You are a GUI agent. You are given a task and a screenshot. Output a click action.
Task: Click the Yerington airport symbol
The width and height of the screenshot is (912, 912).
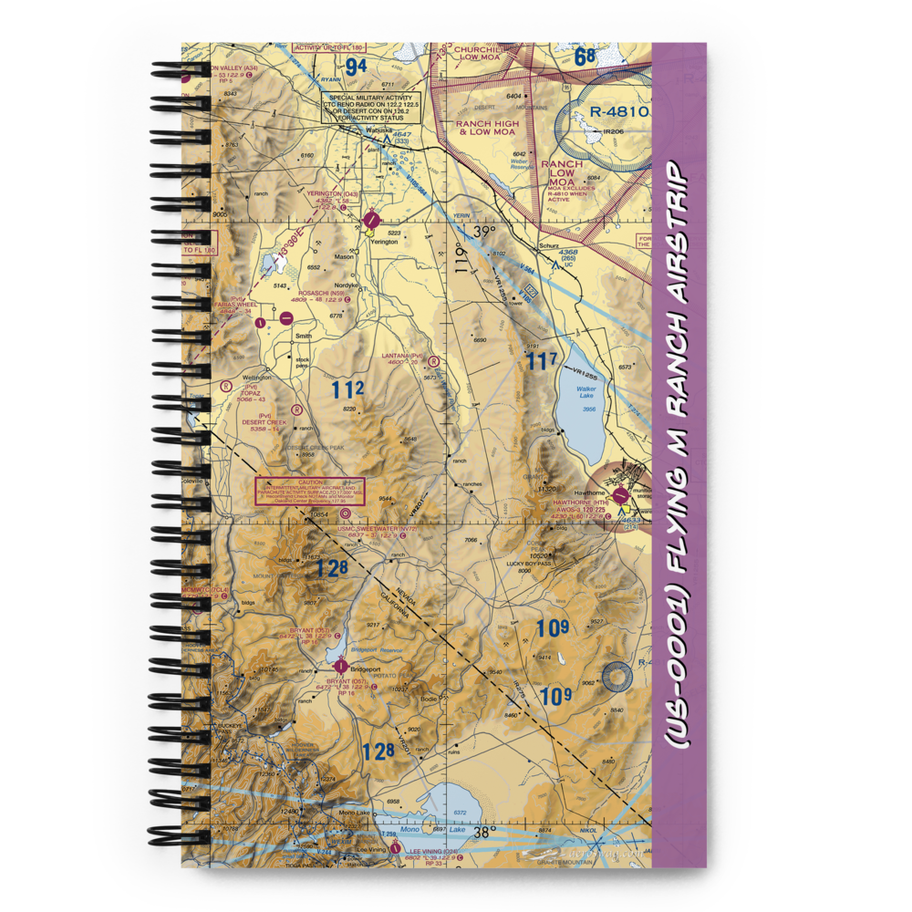(372, 220)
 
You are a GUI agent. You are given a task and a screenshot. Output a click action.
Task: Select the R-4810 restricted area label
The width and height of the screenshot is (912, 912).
(619, 113)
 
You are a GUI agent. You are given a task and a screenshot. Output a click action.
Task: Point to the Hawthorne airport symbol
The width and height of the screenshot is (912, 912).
(621, 496)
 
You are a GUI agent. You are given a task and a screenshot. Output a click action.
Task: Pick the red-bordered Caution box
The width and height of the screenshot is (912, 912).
(310, 491)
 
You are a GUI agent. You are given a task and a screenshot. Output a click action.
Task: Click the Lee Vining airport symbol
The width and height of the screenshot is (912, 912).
(395, 847)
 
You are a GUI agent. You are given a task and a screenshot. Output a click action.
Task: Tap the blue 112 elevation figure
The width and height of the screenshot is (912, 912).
(347, 390)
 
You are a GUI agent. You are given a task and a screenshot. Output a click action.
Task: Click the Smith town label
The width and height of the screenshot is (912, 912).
(303, 336)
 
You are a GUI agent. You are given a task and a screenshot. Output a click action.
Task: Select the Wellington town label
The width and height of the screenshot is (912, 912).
(255, 377)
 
